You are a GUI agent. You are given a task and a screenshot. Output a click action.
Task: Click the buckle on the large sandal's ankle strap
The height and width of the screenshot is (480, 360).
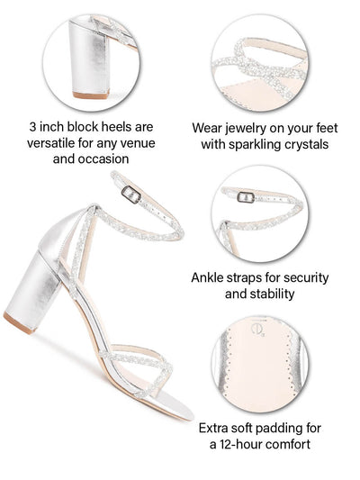coord(131,195)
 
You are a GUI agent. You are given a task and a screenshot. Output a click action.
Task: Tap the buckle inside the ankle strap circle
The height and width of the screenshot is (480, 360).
coord(246,197)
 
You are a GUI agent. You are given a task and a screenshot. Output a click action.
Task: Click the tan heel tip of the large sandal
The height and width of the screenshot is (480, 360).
coord(19,322)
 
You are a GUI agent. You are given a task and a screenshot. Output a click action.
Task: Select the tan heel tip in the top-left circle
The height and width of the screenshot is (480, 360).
coord(91,95)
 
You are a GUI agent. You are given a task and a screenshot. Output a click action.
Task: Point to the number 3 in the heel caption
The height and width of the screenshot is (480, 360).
coord(32,127)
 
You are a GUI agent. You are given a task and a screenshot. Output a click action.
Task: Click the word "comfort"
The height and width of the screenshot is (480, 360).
coord(291,444)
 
